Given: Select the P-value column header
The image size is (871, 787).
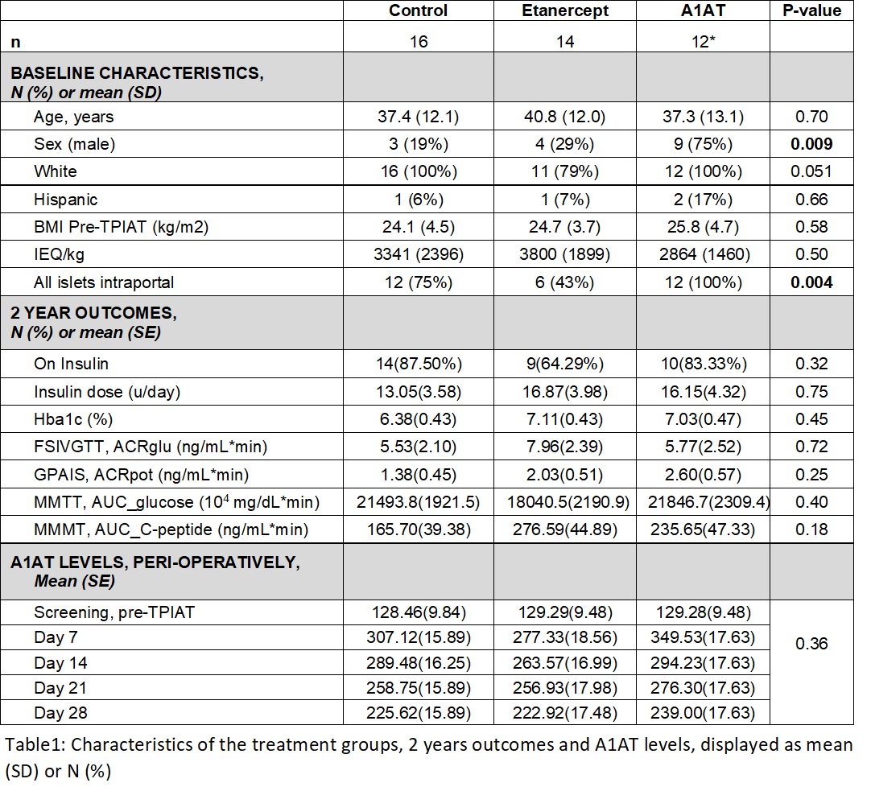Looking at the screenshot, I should pos(812,10).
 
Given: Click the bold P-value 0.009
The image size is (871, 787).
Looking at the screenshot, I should pos(812,144).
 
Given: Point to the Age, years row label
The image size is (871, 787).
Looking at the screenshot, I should pos(74,117).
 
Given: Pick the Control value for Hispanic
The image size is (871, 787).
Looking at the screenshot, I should pos(419,200).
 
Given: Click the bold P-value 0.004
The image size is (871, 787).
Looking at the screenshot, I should pos(812,282).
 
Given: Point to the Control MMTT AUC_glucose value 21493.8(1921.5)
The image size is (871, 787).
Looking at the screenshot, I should pos(419,502).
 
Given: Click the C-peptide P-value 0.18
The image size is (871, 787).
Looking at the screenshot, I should pos(812,529).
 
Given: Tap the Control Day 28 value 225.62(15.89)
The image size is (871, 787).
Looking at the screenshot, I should pos(419,713).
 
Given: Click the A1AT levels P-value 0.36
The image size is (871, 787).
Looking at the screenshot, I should pos(812,644).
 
